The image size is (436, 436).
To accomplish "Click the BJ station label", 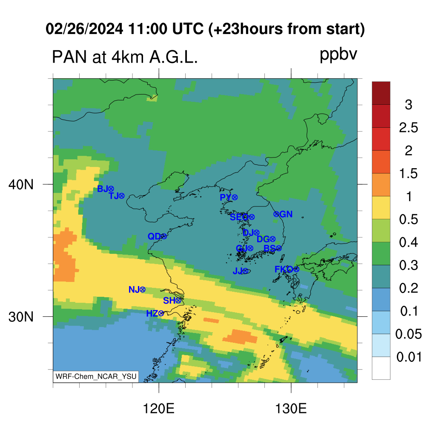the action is coord(102,189).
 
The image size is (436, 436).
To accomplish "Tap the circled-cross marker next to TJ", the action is coord(121,196).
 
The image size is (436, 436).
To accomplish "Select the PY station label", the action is coord(226,197).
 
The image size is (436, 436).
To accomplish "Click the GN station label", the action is coord(286,214).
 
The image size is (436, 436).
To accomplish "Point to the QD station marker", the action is coord(164,236).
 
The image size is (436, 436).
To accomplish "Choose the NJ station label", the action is coord(134,290).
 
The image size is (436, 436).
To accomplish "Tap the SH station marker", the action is coord(178,300).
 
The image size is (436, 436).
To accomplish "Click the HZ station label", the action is coord(152,314).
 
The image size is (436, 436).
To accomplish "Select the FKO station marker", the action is coord(296,269).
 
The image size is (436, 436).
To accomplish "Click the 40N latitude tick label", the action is coord(21,184).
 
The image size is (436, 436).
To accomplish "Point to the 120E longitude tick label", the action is coord(158,409).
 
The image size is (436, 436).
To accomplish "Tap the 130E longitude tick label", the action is coord(291,409).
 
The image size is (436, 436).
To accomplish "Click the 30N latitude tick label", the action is coord(21,317).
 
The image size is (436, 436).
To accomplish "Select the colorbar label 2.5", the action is coord(408,128).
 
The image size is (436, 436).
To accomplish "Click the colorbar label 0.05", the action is coord(408,334).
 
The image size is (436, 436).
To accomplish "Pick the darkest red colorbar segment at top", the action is coord(381,93).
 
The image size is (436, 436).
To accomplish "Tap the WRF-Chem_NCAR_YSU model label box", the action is coord(96,376).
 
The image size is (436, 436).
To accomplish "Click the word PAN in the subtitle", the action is coord(69,57).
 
